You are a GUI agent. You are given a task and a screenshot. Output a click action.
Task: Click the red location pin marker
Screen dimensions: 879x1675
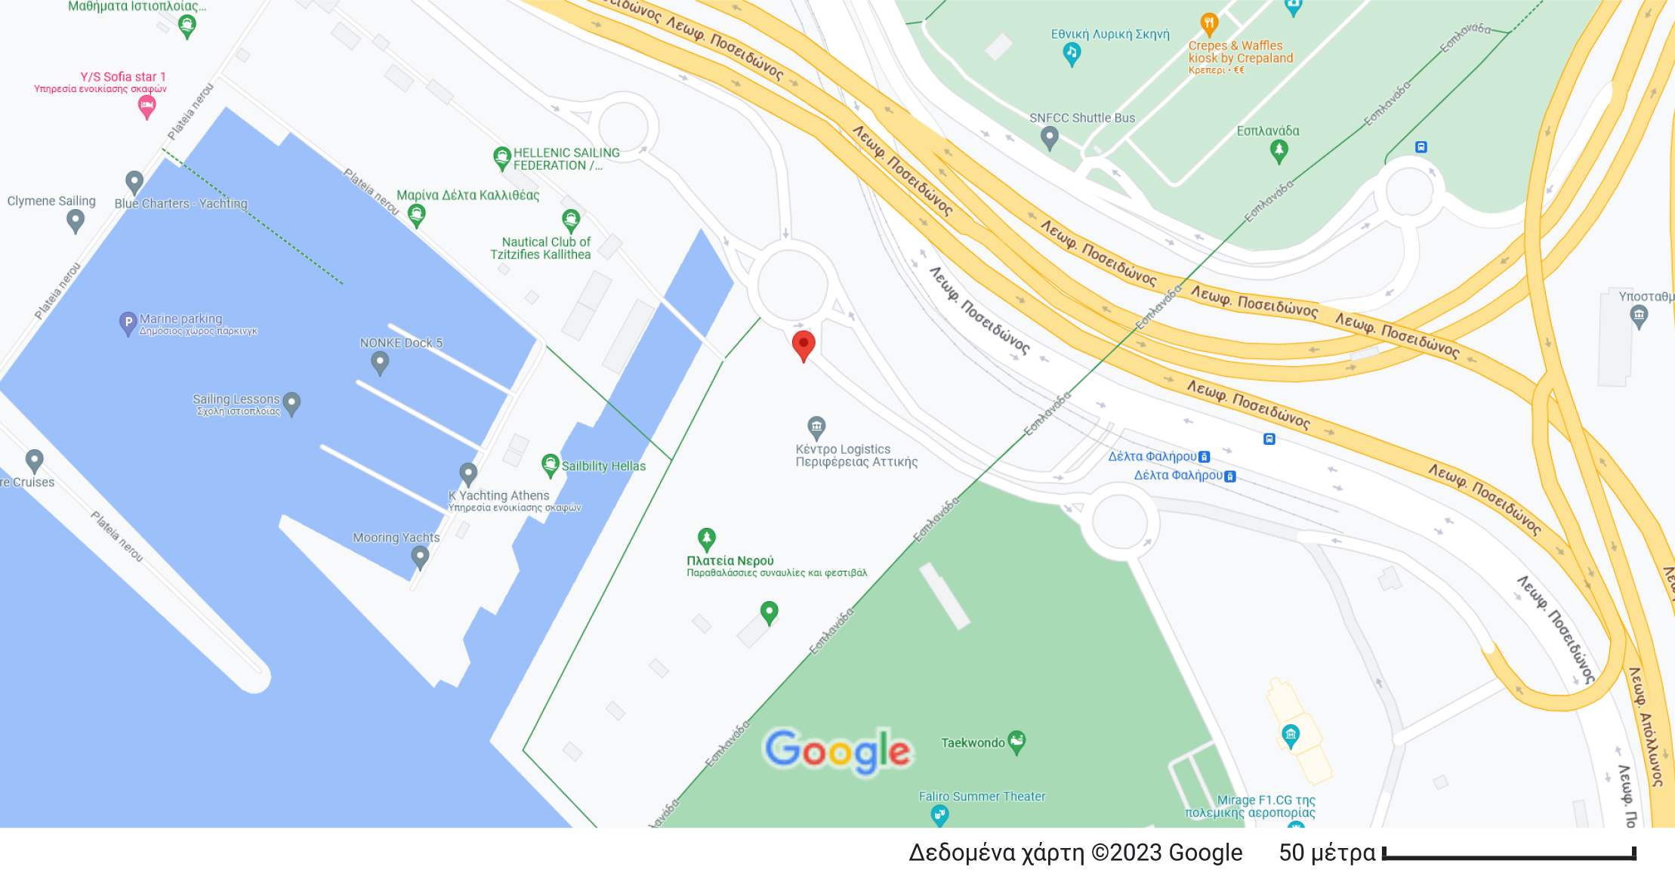(804, 345)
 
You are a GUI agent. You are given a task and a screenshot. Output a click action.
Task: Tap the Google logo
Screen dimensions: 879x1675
(837, 751)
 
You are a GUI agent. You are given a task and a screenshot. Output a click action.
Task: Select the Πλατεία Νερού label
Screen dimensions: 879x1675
(730, 561)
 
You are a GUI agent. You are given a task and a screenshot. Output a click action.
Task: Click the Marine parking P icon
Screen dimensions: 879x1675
(128, 322)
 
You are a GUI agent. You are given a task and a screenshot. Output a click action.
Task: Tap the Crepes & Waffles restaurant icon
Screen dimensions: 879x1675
(1209, 23)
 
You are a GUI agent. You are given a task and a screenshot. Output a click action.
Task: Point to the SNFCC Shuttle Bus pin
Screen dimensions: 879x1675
(1049, 137)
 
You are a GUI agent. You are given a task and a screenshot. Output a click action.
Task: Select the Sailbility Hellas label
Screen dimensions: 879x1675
(603, 467)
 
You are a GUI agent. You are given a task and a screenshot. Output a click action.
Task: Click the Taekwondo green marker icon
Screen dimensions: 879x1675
(1016, 742)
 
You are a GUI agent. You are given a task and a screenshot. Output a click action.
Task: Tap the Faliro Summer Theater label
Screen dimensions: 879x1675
(982, 797)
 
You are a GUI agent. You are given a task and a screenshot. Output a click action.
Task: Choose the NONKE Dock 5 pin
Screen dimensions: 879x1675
(380, 362)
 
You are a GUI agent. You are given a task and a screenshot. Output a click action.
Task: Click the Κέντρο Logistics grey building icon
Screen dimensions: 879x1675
(816, 427)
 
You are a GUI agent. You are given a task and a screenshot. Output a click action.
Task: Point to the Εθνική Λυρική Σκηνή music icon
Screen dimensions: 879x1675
(1072, 53)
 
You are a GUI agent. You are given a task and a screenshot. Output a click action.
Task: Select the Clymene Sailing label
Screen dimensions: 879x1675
(51, 201)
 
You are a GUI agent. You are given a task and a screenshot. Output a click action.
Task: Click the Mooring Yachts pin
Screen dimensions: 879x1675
(420, 557)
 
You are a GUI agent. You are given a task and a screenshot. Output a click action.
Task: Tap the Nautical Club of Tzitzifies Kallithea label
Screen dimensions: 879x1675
(541, 248)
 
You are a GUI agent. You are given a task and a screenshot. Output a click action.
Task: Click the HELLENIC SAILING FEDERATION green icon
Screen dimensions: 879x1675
(502, 158)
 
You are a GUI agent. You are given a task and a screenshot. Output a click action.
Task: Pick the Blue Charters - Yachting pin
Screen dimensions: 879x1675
(134, 181)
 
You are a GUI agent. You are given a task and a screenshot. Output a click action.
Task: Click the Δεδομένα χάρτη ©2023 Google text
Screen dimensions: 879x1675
(1075, 853)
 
